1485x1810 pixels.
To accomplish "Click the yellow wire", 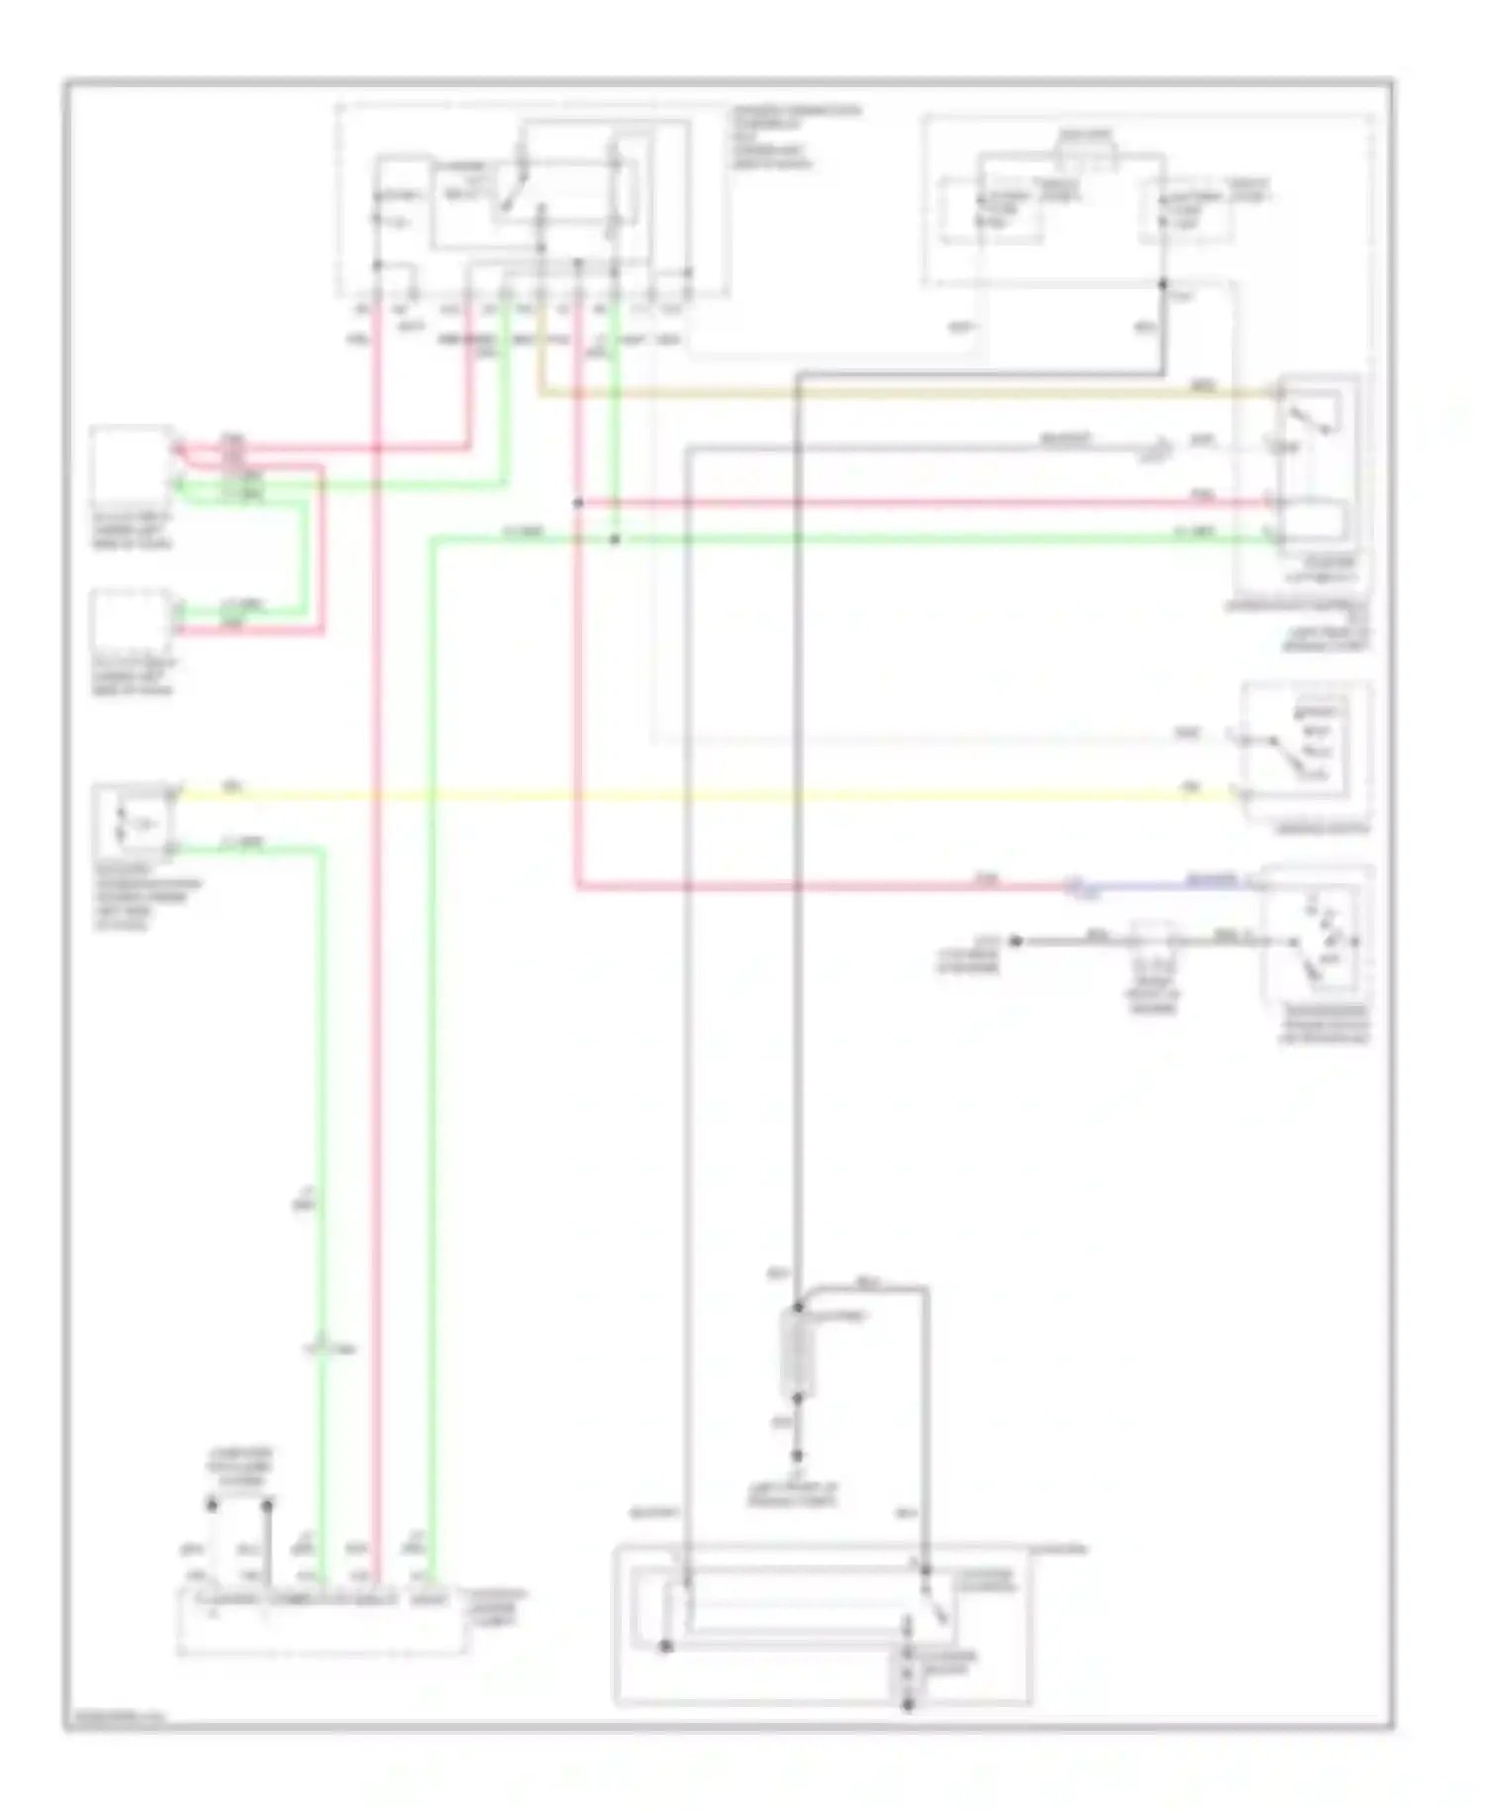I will (x=693, y=794).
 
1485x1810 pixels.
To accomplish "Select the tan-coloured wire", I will (x=891, y=394).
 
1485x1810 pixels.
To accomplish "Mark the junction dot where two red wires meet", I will (x=577, y=503).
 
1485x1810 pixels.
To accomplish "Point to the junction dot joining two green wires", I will (x=614, y=540).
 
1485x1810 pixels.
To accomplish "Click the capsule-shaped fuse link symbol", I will (x=797, y=1355).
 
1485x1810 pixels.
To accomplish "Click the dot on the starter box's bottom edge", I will (x=908, y=1705).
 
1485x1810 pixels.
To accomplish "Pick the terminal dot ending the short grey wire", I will (x=1016, y=941).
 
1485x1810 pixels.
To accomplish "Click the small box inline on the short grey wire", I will (x=1151, y=941).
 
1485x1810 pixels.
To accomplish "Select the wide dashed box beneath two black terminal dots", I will (x=322, y=1624).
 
